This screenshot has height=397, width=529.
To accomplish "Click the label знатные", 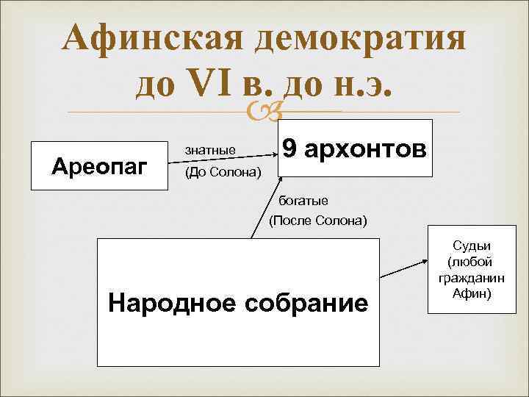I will [x=210, y=150].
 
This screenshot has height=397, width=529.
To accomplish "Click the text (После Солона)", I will [x=317, y=220].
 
